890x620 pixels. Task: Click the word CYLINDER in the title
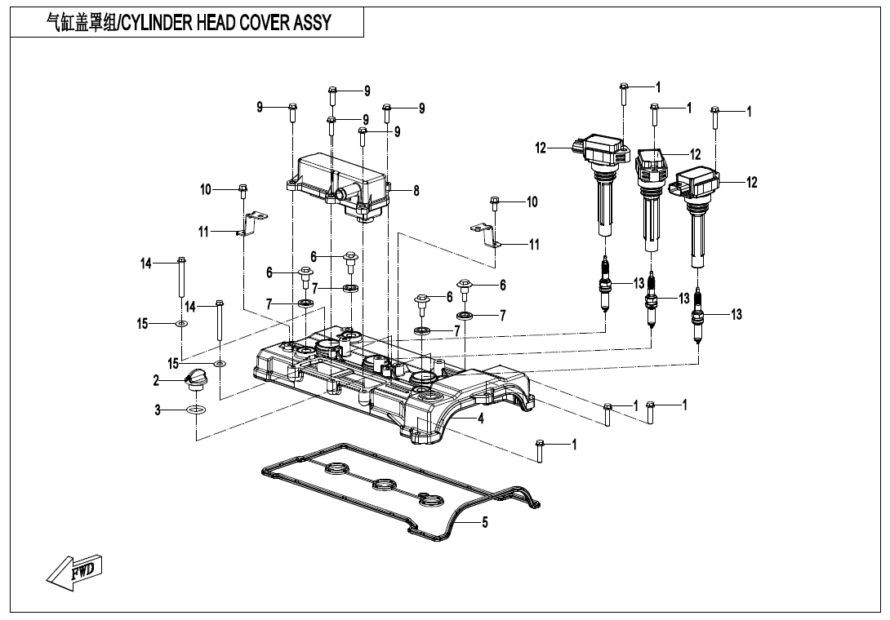pyautogui.click(x=156, y=23)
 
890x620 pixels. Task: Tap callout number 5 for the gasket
pyautogui.click(x=485, y=523)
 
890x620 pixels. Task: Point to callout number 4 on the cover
pyautogui.click(x=481, y=419)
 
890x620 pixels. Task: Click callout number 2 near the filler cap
pyautogui.click(x=156, y=379)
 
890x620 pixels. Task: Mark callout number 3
pyautogui.click(x=158, y=410)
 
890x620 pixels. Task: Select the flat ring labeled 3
pyautogui.click(x=196, y=410)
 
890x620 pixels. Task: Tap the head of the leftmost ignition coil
pyautogui.click(x=603, y=151)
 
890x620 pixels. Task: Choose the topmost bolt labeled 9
pyautogui.click(x=332, y=95)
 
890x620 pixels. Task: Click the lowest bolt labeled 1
pyautogui.click(x=540, y=449)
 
